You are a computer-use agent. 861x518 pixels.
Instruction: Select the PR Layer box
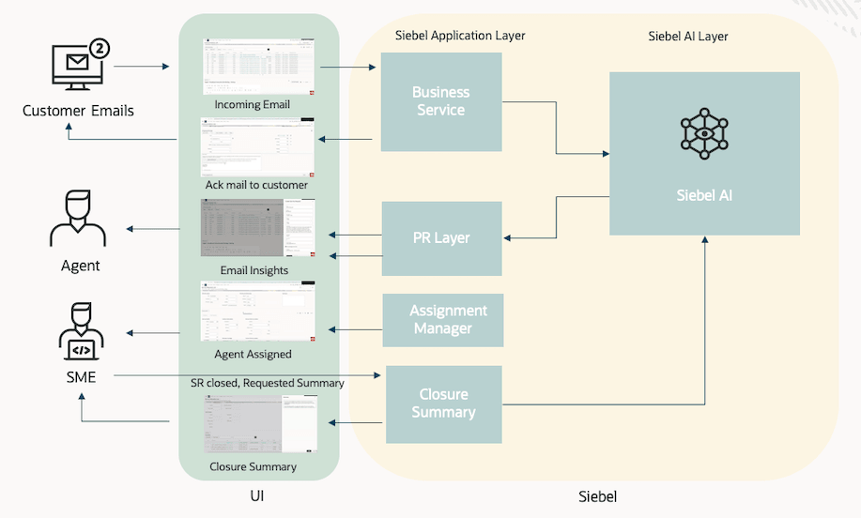(x=441, y=238)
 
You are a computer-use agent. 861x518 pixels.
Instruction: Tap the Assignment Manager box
(x=443, y=320)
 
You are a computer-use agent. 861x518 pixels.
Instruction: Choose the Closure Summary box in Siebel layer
(x=443, y=404)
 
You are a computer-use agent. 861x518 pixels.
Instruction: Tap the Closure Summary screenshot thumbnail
(x=260, y=424)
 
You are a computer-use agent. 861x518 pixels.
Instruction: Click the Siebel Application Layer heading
(x=460, y=36)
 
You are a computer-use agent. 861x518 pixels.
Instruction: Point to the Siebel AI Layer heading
(x=688, y=37)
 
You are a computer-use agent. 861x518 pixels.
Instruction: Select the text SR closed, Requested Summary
(x=267, y=383)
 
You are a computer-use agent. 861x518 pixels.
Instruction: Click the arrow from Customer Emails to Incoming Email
(x=141, y=68)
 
